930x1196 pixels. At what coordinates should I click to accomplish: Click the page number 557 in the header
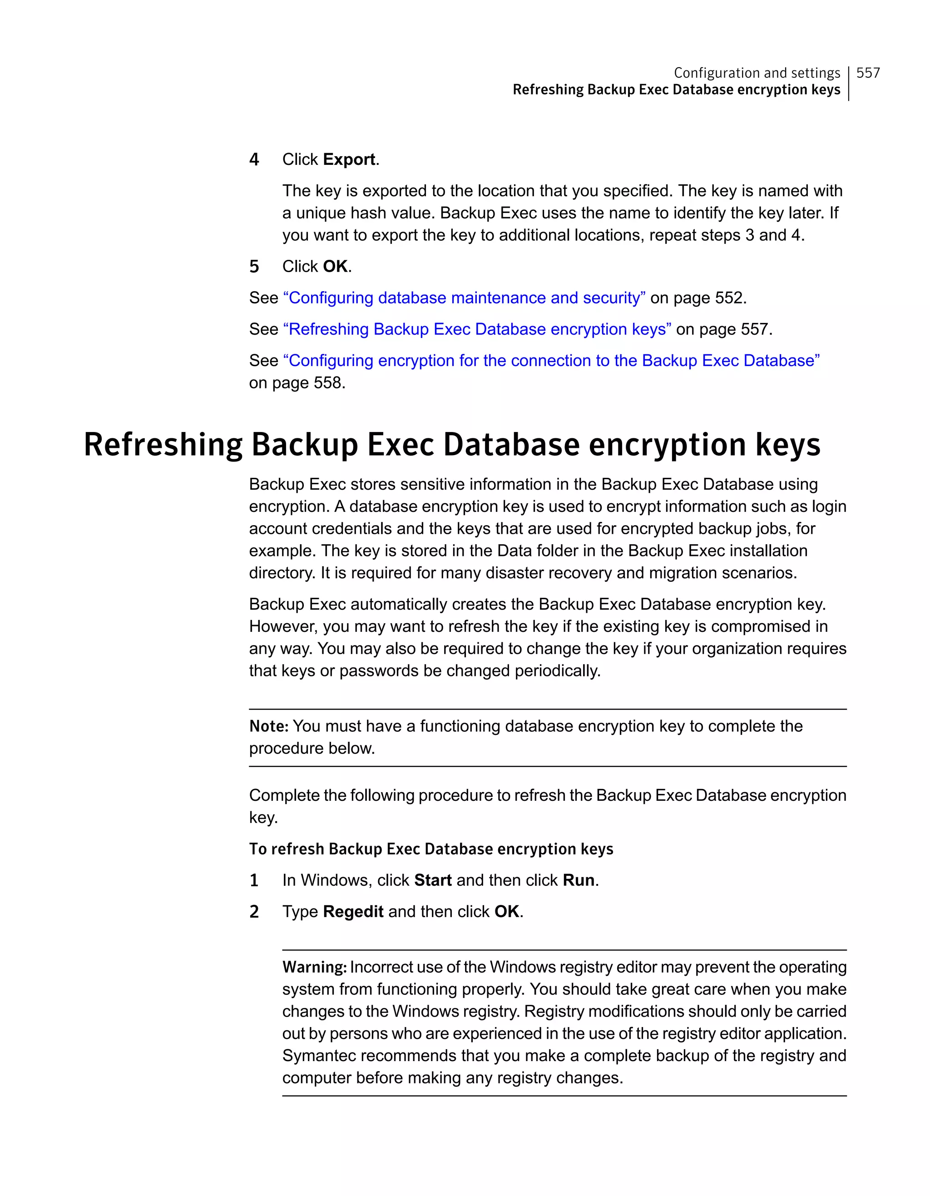coord(868,73)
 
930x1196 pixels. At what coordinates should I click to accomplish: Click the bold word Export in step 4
coord(349,159)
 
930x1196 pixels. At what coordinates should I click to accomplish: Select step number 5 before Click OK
coord(254,267)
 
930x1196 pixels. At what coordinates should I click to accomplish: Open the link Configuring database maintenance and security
coord(464,298)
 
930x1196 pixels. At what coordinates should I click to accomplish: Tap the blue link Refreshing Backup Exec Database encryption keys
coord(477,329)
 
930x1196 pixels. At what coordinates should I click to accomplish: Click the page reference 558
coord(328,383)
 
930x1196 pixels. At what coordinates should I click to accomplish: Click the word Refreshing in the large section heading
coord(163,444)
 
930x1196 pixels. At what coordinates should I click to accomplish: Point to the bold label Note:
coord(268,726)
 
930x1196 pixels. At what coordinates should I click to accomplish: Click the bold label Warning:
coord(314,967)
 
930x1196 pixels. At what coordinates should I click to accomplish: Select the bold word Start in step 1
coord(432,880)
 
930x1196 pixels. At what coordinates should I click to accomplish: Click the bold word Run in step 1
coord(579,880)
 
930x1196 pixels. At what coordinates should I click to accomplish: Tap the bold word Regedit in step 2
coord(353,911)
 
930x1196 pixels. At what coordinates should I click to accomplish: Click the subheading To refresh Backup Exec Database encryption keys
coord(431,849)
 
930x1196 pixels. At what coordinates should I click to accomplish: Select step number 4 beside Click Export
coord(254,159)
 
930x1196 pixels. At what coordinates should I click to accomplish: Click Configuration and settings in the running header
coord(757,73)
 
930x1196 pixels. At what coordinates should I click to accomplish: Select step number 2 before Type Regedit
coord(254,912)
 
